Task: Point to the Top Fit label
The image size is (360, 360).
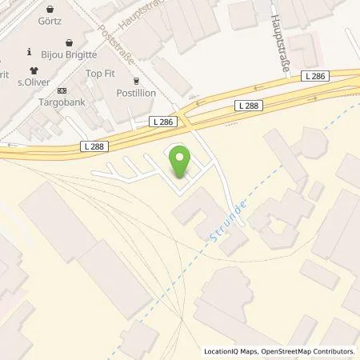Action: pyautogui.click(x=100, y=73)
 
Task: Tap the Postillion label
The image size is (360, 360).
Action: pyautogui.click(x=135, y=93)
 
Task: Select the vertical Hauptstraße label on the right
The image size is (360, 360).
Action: pyautogui.click(x=278, y=42)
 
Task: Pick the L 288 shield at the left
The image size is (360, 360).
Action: pyautogui.click(x=94, y=146)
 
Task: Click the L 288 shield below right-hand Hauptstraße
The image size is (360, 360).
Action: pyautogui.click(x=248, y=105)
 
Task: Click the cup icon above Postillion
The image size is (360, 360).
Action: pyautogui.click(x=136, y=80)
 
